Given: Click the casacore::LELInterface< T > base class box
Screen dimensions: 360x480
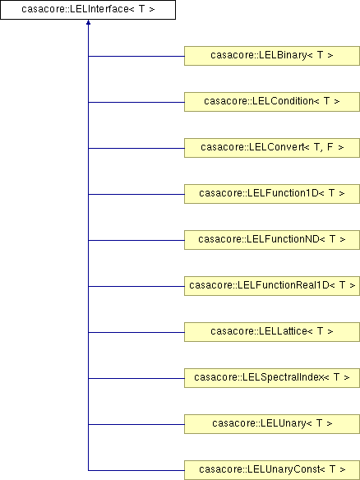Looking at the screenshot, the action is [88, 10].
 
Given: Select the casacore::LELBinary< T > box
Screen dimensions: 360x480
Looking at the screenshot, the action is [272, 56].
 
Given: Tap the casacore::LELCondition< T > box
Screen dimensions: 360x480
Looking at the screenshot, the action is [272, 102].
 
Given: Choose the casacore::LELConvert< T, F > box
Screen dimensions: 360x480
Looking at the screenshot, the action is [272, 148].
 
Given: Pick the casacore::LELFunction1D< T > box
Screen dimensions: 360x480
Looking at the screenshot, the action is [272, 194].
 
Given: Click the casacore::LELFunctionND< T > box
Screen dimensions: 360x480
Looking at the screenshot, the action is [272, 240].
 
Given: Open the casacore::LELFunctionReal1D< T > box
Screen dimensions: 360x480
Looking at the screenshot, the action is [272, 286].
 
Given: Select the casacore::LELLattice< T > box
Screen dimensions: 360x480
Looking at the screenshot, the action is [272, 332].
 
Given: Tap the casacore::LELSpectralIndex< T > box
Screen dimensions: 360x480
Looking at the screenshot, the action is [272, 378].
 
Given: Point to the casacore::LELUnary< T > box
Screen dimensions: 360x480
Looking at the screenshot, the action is [272, 424].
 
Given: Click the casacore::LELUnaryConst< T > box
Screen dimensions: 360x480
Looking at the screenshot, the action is [272, 470].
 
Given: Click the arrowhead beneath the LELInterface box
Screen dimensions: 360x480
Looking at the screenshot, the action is [88, 22].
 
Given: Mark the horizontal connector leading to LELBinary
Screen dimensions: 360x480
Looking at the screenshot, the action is [136, 57].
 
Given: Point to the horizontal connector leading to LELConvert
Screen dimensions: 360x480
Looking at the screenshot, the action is [136, 149].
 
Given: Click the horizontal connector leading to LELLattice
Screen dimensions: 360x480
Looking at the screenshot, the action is [136, 332].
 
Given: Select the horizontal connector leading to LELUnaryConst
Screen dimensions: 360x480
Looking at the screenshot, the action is [136, 470].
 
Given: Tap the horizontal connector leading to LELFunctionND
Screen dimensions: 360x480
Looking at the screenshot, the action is [136, 240].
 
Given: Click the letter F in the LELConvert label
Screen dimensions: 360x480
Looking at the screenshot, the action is [330, 147].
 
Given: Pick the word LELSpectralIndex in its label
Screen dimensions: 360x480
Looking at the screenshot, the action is [283, 377].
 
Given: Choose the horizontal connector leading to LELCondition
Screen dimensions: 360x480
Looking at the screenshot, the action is [136, 102].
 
